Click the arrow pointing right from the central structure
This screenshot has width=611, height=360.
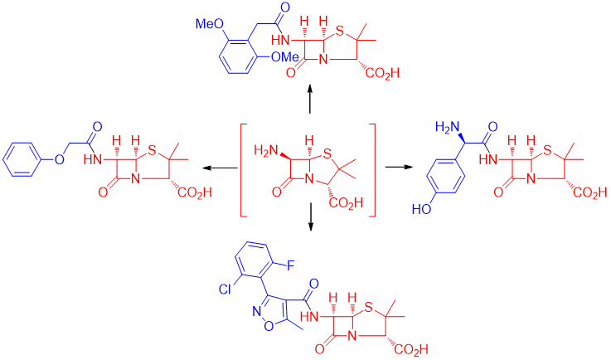coord(399,168)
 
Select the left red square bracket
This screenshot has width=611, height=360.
coord(244,170)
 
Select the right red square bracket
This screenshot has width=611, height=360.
coord(372,170)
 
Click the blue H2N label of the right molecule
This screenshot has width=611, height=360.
coord(447,127)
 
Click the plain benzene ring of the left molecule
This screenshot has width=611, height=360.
coord(25,155)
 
